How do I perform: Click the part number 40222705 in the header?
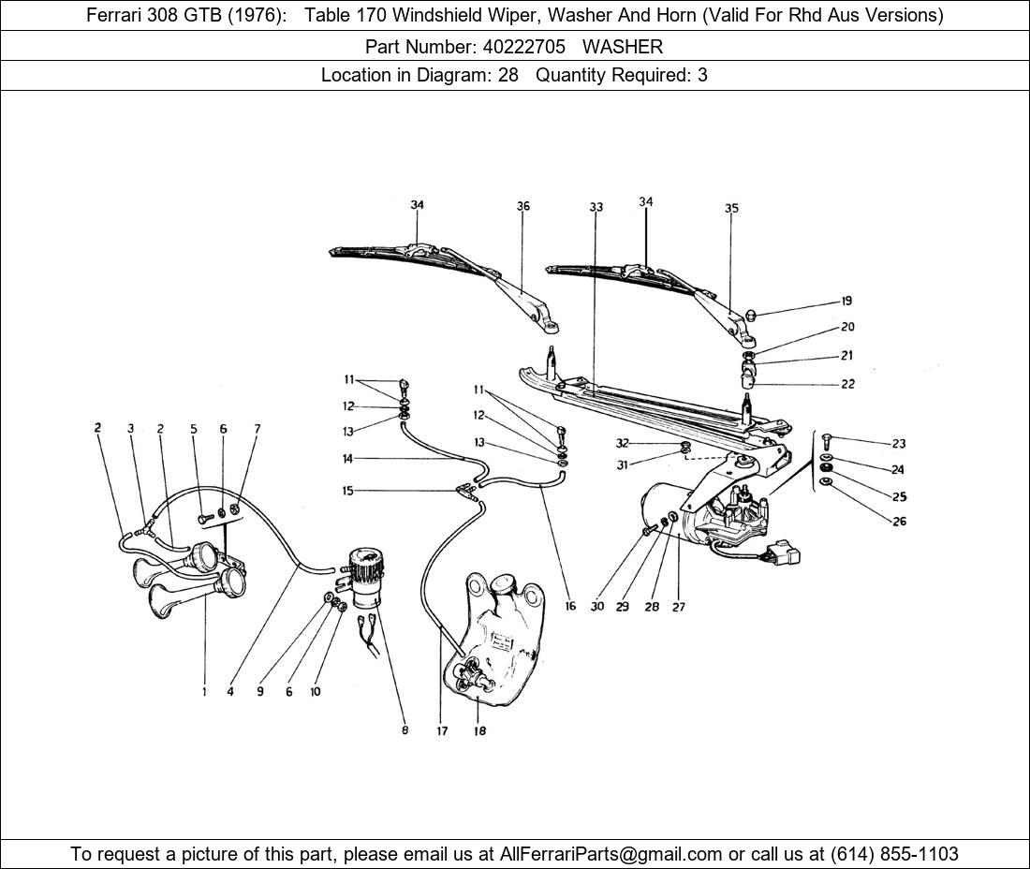click(523, 47)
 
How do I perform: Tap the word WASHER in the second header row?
click(623, 47)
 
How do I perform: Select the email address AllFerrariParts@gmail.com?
click(611, 854)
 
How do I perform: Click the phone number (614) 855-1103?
click(894, 854)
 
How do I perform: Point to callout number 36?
click(522, 206)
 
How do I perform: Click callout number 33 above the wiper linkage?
click(596, 208)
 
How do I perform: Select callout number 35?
click(732, 208)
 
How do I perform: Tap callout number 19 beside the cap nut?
click(846, 301)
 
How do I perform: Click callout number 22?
click(848, 384)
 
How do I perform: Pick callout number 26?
click(899, 522)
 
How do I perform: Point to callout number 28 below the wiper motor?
click(652, 607)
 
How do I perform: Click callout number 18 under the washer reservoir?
click(480, 730)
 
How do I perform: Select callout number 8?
click(405, 729)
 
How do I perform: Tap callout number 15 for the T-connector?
click(348, 491)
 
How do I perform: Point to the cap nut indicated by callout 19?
click(753, 315)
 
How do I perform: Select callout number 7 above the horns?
click(257, 429)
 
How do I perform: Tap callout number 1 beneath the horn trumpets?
click(204, 692)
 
